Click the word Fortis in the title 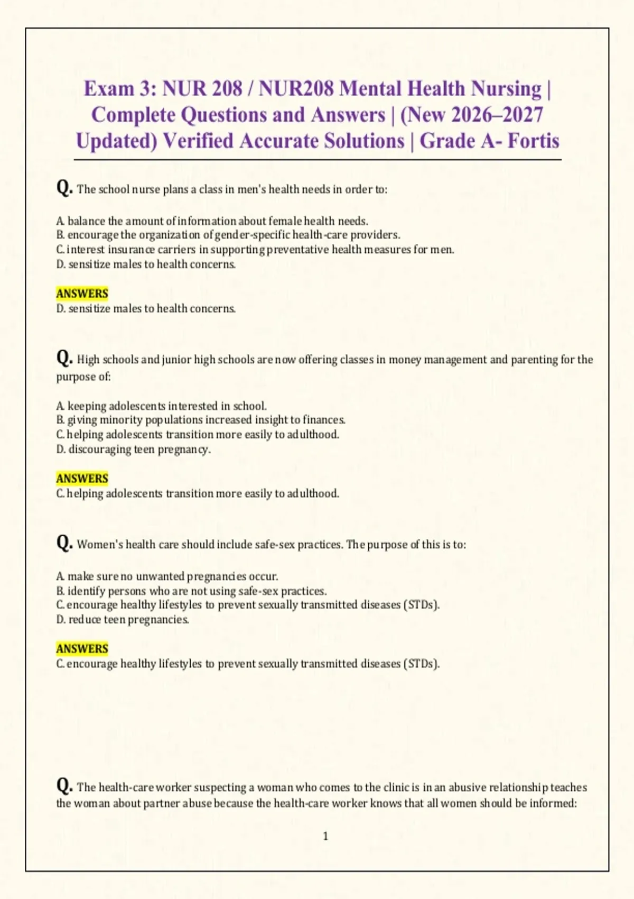(x=533, y=141)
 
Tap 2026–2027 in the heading (x=497, y=115)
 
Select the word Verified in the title (x=198, y=141)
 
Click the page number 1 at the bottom (x=325, y=836)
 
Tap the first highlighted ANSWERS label (x=82, y=293)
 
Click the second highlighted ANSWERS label (x=82, y=479)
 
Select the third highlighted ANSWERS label (x=82, y=649)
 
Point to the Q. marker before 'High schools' (x=64, y=358)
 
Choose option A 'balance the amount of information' (x=212, y=221)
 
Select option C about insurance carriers (x=255, y=250)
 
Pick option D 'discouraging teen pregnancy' (x=134, y=449)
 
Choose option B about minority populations (x=201, y=420)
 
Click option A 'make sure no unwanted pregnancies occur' (x=167, y=576)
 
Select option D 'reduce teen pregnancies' (x=123, y=620)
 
